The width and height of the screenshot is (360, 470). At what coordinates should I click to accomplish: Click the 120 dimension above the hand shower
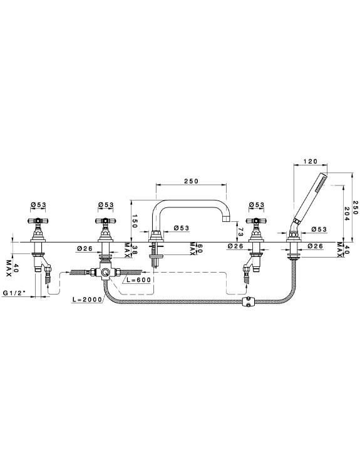coord(310,162)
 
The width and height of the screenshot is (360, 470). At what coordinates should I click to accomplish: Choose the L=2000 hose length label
coord(87,299)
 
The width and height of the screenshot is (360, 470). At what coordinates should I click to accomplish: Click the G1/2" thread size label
coord(14,293)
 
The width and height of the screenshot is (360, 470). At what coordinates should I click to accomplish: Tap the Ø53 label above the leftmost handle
coord(39,204)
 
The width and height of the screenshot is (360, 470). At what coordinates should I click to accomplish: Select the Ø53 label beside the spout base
coord(181,228)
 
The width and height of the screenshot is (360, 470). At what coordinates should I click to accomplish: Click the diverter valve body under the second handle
coord(105,273)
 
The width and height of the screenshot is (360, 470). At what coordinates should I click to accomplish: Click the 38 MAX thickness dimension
coord(127,250)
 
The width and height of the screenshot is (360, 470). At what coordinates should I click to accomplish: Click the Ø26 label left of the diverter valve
coord(84,248)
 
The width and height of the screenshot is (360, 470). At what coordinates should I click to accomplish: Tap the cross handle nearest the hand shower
coord(256,221)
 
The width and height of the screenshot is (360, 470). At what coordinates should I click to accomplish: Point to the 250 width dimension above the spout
coord(192,181)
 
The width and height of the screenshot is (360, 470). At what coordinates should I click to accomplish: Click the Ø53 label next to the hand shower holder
coord(319,229)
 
